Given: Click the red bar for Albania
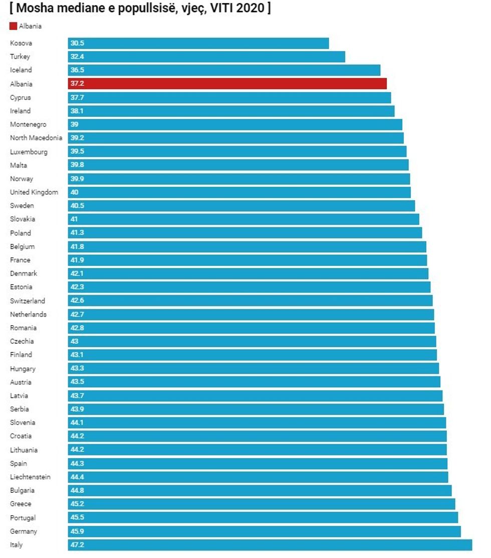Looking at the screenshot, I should click(227, 84).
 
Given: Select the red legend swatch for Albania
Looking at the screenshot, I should click(13, 26).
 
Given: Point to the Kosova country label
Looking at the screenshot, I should click(21, 43).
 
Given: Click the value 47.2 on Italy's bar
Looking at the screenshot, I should click(78, 544).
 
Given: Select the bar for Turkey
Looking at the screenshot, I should click(206, 57).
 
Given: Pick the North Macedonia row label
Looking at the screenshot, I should click(36, 138).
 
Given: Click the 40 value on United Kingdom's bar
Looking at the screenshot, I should click(75, 192).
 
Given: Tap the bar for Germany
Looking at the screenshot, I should click(264, 531).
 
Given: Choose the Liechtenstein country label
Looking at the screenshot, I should click(30, 477).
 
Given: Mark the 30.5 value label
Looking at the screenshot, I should click(78, 43).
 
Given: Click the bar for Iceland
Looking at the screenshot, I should click(224, 70).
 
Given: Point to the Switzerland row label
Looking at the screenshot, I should click(28, 301).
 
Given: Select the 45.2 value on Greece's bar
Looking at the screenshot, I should click(78, 504).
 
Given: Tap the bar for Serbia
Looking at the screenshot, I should click(256, 409).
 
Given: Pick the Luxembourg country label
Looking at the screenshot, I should click(29, 152).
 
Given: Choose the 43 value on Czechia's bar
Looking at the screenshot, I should click(75, 341).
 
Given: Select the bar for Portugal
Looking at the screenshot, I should click(263, 517).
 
